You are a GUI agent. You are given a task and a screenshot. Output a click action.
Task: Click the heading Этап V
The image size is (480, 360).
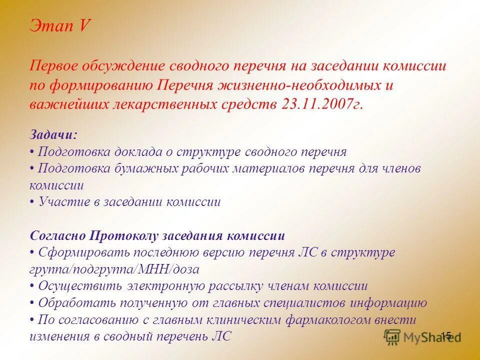point(59,25)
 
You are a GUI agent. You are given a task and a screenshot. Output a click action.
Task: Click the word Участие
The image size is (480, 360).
point(61,202)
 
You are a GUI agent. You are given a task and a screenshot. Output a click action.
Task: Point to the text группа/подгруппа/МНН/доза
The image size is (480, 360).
point(114,269)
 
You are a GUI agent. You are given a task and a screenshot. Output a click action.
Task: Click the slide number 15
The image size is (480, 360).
point(446,335)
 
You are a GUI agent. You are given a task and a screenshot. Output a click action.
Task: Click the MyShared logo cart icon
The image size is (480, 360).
point(392,335)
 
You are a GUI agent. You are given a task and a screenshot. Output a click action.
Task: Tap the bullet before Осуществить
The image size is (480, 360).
point(32,286)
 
